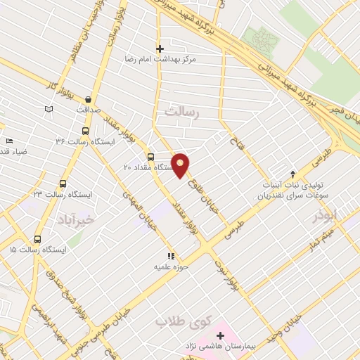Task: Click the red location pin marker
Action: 181,165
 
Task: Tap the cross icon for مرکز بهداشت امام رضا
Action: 160,49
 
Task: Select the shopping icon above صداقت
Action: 88,100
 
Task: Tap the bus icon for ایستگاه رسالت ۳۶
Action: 86,131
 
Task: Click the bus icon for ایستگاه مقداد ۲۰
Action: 150,157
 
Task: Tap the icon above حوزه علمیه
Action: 170,257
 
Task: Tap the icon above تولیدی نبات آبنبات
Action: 294,174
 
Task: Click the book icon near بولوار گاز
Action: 49,109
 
